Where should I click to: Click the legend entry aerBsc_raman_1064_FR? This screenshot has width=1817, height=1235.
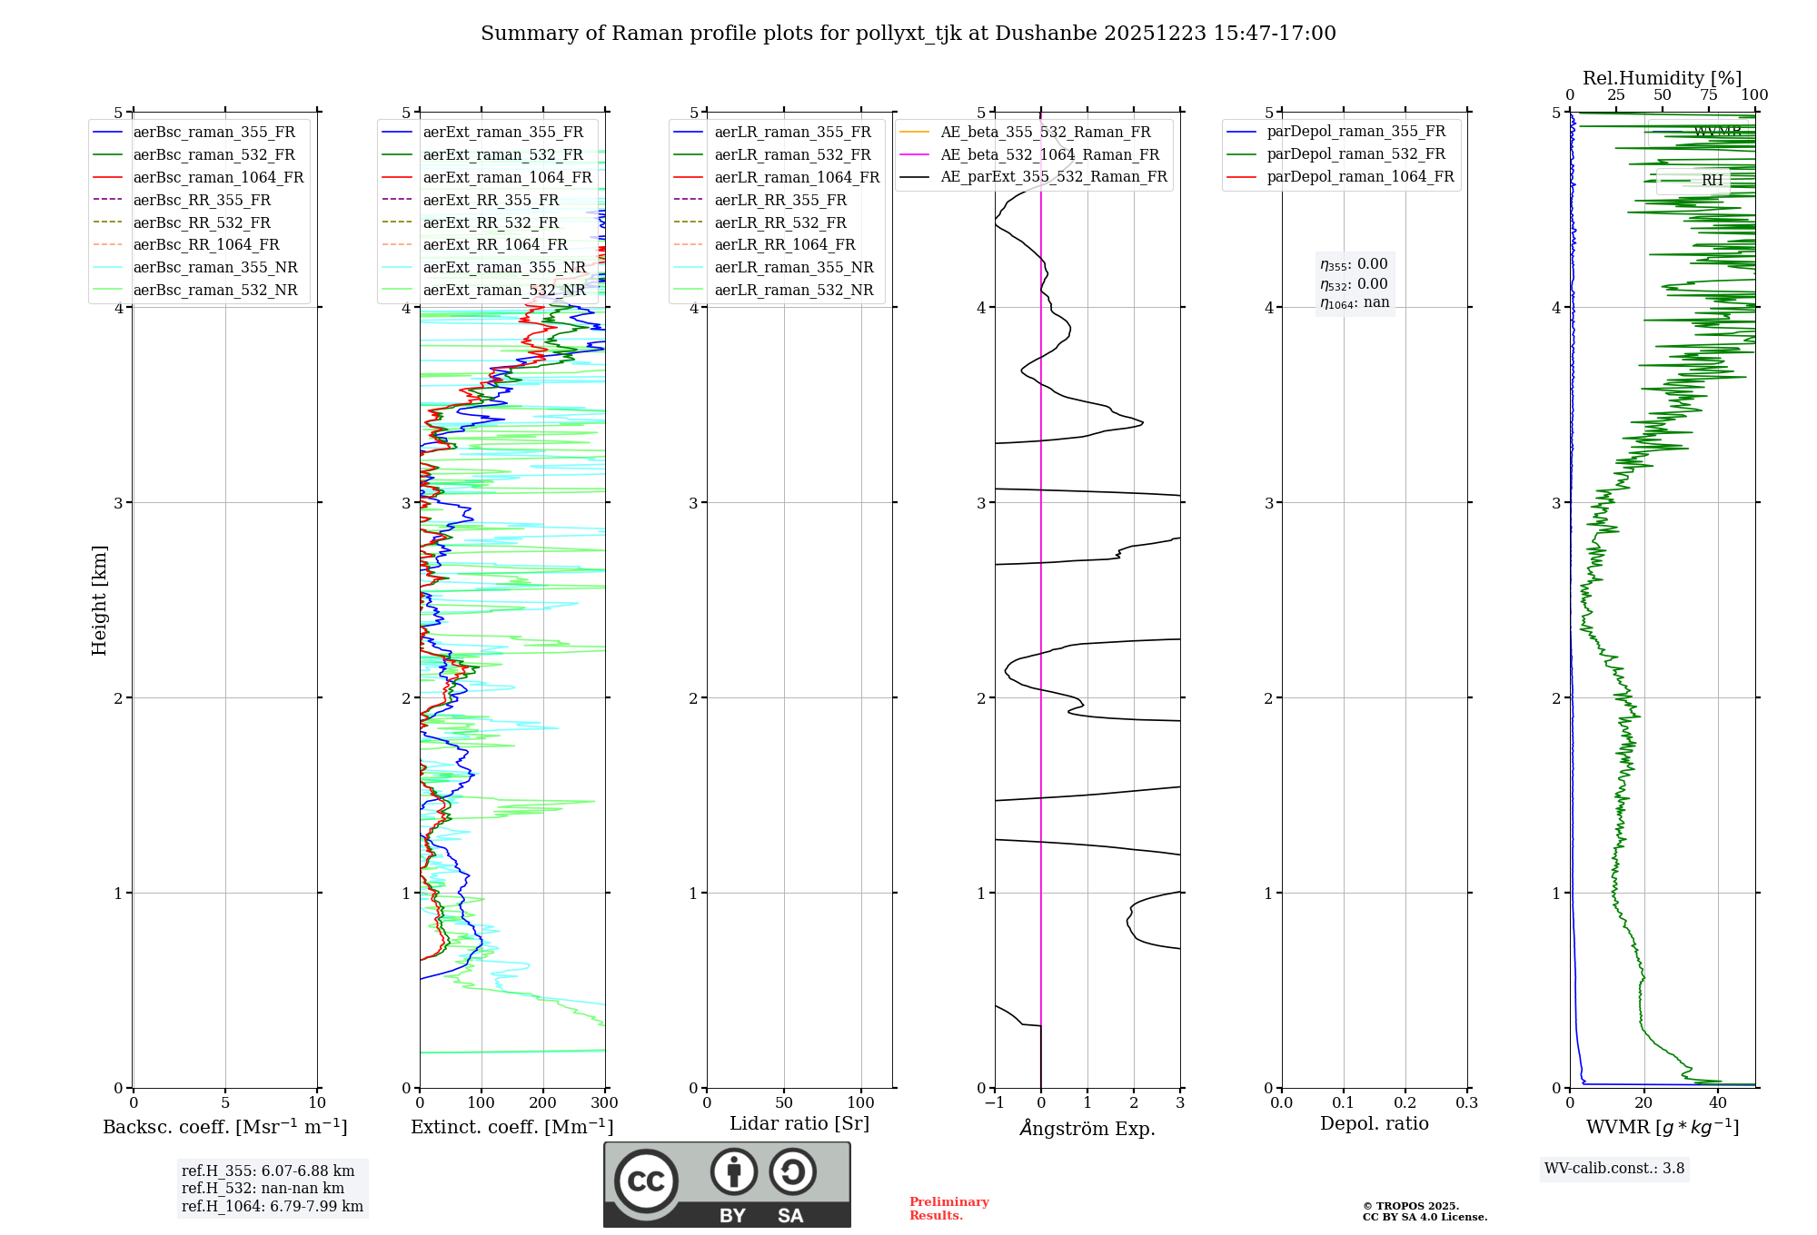coord(218,177)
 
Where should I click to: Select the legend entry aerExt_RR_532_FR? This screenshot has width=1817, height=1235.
coord(491,222)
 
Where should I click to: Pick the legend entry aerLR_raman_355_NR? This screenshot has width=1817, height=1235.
coord(793,267)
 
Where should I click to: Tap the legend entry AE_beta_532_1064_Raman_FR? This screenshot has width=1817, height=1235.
coord(1049,154)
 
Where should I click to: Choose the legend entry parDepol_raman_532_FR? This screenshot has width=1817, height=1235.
coord(1355,154)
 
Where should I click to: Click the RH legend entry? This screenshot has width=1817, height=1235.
coord(1712,180)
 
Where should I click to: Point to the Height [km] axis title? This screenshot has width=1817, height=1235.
coord(99,600)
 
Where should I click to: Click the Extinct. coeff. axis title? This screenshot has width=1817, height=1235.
coord(511,1127)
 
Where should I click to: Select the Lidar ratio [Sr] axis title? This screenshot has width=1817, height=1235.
coord(799,1123)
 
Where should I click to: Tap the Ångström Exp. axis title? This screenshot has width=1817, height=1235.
coord(1087,1129)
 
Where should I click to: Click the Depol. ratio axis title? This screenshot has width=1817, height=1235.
coord(1374,1123)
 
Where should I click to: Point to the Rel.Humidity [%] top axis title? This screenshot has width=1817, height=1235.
coord(1662,78)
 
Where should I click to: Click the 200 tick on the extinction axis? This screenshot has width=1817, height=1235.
coord(542,1103)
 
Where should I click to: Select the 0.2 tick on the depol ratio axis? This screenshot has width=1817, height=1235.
coord(1405,1103)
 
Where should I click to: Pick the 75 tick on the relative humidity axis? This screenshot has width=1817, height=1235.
coord(1708,95)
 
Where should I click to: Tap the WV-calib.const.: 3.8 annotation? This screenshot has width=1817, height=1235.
coord(1614,1169)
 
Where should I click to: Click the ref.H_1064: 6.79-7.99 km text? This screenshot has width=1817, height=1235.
coord(273,1207)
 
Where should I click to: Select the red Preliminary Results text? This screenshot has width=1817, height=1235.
coord(948,1209)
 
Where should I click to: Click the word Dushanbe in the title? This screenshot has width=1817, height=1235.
coord(1045,34)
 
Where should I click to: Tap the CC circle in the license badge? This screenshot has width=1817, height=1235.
coord(646,1181)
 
